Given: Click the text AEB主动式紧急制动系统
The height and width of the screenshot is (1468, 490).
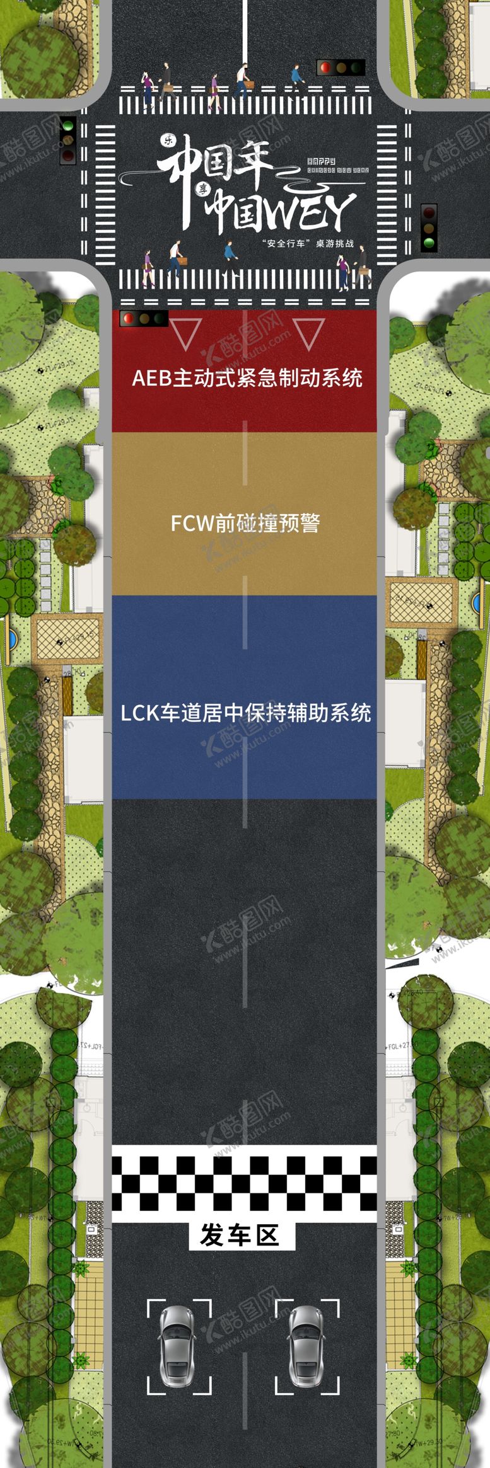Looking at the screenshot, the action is point(247,379).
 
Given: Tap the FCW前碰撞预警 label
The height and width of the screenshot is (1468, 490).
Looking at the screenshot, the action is point(245,523).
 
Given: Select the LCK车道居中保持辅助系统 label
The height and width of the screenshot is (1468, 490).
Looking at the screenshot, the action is point(245,713).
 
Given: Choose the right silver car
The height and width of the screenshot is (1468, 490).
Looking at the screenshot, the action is point(307,1333).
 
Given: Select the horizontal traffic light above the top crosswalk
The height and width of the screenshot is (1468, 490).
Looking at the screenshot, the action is point(341,67).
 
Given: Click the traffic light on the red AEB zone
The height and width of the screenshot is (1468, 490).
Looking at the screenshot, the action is point(144,319).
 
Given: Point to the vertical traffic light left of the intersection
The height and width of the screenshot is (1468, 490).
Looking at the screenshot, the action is point(67,140).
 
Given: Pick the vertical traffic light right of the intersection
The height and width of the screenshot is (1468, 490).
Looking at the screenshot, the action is point(429,227).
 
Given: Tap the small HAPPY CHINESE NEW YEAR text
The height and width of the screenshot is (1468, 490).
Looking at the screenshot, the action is point(336,165).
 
